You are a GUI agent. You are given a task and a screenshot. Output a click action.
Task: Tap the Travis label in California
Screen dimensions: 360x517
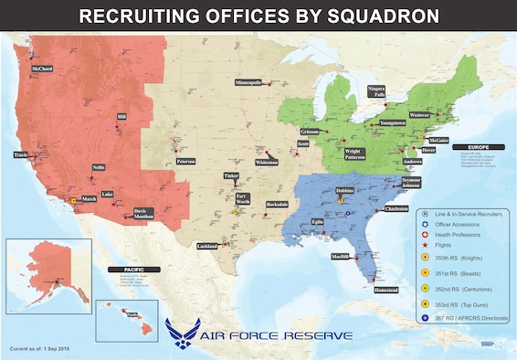(x=21, y=155)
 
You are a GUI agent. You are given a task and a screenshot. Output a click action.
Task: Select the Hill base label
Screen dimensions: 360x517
(x=121, y=117)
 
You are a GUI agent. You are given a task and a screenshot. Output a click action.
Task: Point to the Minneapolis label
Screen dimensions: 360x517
(x=248, y=82)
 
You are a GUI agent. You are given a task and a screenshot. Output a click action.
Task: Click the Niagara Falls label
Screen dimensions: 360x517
(x=376, y=90)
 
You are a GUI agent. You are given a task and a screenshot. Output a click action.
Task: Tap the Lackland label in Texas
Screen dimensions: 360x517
(x=208, y=246)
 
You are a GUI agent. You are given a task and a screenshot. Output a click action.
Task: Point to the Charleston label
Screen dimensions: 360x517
(x=396, y=208)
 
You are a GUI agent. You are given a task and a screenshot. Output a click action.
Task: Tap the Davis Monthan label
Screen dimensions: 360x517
(x=145, y=213)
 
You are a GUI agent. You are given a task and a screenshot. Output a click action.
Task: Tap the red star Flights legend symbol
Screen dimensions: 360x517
(x=425, y=245)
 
